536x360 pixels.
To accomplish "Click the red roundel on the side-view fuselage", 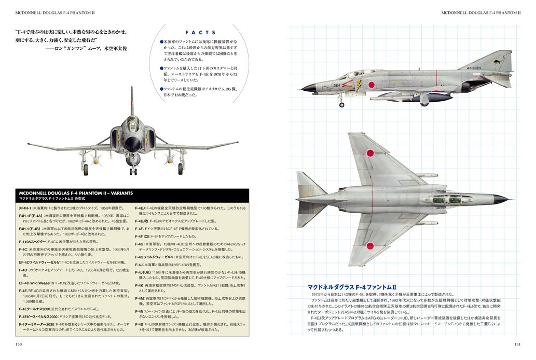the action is (370, 84).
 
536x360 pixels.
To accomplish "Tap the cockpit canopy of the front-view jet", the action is (132, 123).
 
